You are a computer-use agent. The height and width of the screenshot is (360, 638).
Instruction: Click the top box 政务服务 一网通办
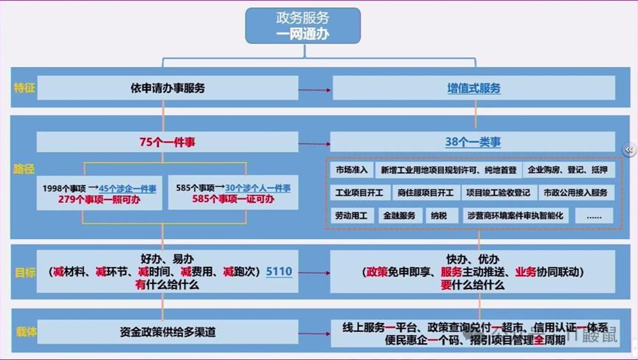pos(302,25)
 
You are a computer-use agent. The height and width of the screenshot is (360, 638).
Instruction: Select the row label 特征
pos(24,89)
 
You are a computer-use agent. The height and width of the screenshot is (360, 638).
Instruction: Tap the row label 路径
pos(24,170)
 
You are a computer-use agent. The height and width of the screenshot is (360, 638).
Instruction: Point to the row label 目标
pos(24,272)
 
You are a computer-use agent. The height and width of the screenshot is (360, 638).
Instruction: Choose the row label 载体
pos(26,333)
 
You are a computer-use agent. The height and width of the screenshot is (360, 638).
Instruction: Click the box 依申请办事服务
pos(167,89)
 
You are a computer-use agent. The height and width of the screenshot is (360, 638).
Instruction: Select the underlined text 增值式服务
pos(474,89)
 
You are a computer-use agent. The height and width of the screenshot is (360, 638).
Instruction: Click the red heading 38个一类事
pos(473,142)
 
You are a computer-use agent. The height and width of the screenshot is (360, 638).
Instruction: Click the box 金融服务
pos(399,216)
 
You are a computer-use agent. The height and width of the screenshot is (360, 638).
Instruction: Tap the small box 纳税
pos(439,216)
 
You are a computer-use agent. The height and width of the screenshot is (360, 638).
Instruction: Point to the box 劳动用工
pos(351,216)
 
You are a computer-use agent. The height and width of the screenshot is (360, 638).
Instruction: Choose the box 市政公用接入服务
pos(575,193)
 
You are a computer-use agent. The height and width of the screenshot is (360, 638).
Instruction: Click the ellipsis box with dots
pos(594,216)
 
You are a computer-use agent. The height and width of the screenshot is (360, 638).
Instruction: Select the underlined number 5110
pos(279,272)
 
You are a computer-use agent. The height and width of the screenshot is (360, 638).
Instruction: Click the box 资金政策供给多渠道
pos(167,333)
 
